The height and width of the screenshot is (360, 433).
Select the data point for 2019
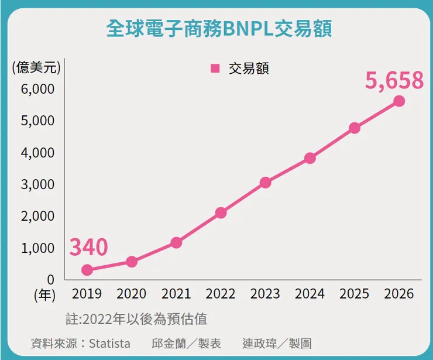point(87,270)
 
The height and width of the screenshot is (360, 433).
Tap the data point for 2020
point(132,262)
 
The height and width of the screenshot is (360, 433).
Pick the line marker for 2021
point(176,242)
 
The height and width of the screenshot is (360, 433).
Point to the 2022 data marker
point(221,212)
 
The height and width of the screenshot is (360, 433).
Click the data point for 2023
point(265,183)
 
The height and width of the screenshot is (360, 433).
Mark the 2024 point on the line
point(310,158)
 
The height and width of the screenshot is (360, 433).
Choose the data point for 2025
point(355,128)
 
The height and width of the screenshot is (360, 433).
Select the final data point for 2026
point(399,101)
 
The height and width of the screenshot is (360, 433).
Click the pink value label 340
point(89,247)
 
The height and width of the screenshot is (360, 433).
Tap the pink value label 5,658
point(394,80)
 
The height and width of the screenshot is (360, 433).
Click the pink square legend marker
point(215,68)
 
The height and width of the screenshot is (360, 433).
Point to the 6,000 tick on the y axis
point(39,89)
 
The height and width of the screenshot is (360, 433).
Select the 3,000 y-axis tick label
point(39,184)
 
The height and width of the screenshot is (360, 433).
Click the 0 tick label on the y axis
point(50,279)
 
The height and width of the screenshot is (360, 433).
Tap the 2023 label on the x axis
point(265,293)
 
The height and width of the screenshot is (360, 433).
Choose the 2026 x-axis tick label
point(399,293)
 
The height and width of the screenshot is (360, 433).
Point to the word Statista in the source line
point(109,343)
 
